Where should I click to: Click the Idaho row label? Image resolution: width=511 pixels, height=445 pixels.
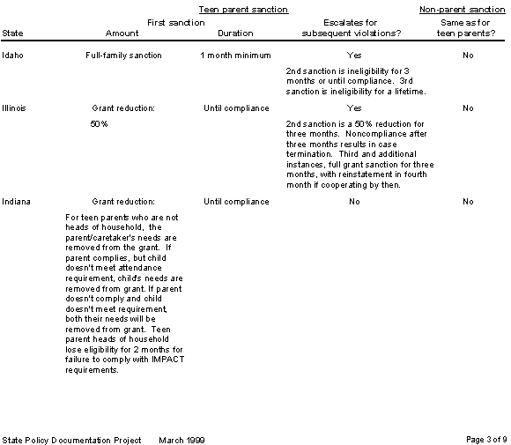(x=12, y=56)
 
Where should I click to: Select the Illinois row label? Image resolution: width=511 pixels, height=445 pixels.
(x=14, y=108)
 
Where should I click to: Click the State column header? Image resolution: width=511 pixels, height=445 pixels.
(x=13, y=33)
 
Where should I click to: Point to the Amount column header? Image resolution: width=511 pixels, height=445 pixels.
(x=122, y=33)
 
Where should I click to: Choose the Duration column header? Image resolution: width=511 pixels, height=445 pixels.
(x=234, y=33)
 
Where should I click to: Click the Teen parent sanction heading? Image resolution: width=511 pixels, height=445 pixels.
(x=244, y=10)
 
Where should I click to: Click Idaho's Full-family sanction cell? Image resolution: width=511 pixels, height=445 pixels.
(x=123, y=56)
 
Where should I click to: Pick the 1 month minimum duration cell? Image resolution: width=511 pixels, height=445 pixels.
(x=235, y=56)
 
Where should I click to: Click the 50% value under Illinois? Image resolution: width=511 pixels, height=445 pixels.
(x=99, y=124)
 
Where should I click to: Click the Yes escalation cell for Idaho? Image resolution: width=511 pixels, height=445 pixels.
(x=354, y=56)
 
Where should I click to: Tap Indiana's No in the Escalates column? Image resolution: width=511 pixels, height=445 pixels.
(x=354, y=202)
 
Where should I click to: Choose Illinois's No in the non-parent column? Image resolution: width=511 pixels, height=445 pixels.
(x=468, y=108)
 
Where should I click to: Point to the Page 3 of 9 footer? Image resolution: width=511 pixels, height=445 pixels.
(x=485, y=439)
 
